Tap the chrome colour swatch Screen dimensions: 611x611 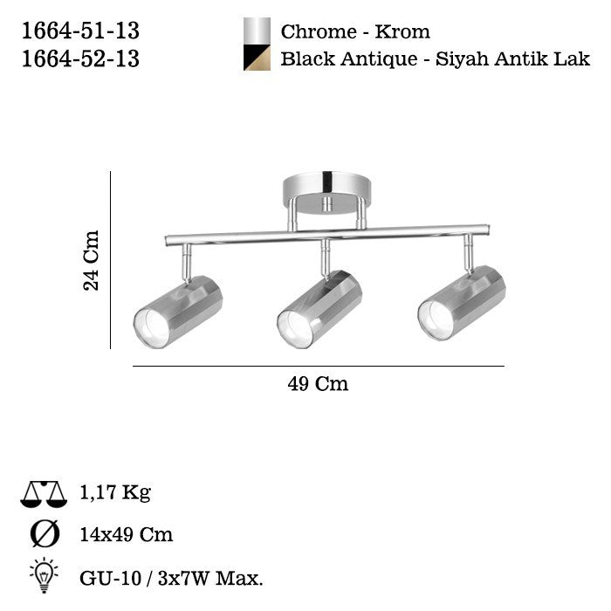click(x=257, y=31)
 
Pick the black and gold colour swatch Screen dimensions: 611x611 click(x=257, y=58)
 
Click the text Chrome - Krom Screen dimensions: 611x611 click(x=355, y=32)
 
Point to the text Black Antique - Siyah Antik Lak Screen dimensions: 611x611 click(x=436, y=59)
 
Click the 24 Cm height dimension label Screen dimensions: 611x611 click(x=92, y=260)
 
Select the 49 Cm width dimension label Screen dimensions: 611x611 click(x=318, y=384)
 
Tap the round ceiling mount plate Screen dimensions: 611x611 click(x=326, y=188)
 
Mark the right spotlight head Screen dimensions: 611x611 click(x=462, y=302)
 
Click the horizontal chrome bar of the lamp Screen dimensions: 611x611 click(x=314, y=235)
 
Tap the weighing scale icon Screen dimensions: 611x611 click(x=44, y=494)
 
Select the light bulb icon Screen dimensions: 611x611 click(x=44, y=573)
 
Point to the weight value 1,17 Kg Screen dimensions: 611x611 click(x=114, y=493)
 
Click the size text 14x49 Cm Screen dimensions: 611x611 click(x=126, y=534)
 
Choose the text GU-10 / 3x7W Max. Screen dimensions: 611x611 click(x=171, y=577)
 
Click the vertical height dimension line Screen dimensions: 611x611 click(x=111, y=260)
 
